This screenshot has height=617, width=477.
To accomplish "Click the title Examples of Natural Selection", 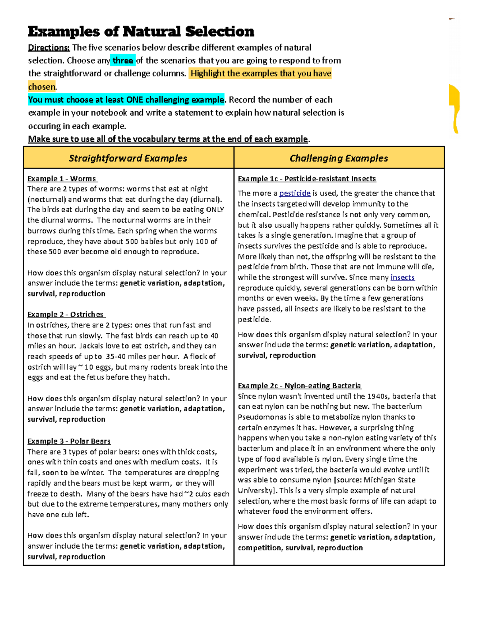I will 141,31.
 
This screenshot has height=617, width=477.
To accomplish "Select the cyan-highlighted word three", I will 123,61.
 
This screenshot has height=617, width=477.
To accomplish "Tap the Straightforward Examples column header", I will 128,158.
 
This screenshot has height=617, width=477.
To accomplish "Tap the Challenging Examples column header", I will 339,158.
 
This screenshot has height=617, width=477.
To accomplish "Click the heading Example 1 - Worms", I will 62,179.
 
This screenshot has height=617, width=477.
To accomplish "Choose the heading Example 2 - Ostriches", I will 66,314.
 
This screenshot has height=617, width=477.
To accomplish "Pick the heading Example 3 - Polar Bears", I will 69,441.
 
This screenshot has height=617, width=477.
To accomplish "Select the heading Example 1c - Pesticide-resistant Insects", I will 306,179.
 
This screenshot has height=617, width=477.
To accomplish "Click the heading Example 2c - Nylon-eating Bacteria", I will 299,385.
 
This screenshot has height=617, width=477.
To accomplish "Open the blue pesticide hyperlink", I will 295,193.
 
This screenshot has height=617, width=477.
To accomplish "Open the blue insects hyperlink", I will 402,277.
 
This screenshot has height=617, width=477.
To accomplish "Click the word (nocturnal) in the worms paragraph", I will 47,199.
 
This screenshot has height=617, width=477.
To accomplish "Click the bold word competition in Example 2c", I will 259,547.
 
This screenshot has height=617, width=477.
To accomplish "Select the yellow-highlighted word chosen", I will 42,87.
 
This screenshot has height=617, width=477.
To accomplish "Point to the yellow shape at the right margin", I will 454,107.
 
